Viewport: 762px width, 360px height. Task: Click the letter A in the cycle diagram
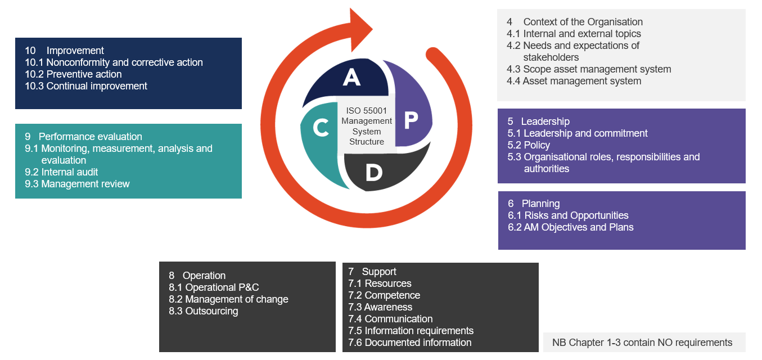point(351,77)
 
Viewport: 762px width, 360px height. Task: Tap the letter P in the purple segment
point(411,119)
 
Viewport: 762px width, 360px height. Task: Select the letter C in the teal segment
point(321,128)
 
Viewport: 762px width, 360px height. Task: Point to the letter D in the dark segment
point(373,173)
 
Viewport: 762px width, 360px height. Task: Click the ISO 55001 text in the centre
point(366,111)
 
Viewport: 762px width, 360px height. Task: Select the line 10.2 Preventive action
point(73,74)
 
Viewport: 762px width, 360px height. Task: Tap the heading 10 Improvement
point(64,51)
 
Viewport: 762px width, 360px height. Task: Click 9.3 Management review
point(77,184)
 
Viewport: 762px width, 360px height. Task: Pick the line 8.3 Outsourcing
point(204,311)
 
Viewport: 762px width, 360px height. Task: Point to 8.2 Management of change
point(228,299)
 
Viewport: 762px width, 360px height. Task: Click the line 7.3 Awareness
point(380,307)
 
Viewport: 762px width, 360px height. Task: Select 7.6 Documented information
point(410,343)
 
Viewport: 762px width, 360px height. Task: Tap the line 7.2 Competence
point(384,295)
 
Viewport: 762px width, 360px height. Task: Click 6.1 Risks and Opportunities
point(568,215)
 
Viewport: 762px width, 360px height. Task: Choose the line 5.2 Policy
point(529,145)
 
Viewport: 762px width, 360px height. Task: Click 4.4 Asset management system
point(574,81)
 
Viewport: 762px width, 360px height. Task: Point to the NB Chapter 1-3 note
point(642,343)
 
